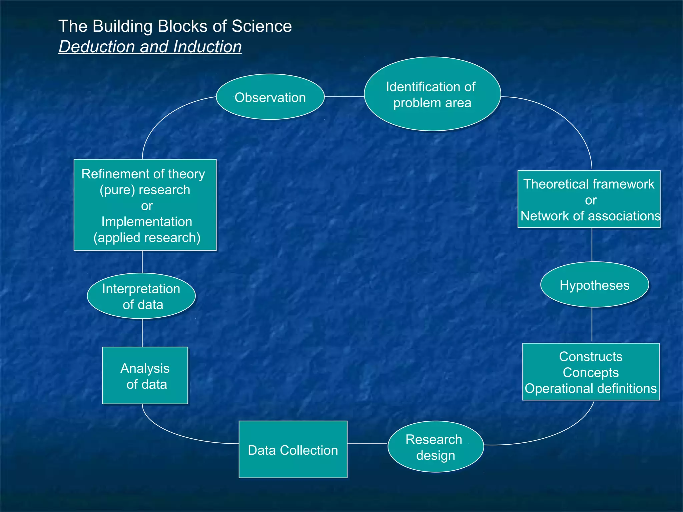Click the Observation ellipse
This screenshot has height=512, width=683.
coord(270,97)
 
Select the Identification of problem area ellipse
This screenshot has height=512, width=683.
coord(432,94)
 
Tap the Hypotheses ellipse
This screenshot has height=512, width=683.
coord(594,285)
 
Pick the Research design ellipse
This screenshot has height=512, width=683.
coord(435,447)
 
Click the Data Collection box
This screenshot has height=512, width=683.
coord(293,450)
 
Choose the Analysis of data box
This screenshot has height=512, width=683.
coord(145,376)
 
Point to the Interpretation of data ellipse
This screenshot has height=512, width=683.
coord(141,296)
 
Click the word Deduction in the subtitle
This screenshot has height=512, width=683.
coord(97,47)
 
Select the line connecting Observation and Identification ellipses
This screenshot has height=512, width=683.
coord(344,97)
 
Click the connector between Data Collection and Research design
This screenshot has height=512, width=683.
coord(367,444)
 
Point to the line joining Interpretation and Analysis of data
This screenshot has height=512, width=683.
coord(142,333)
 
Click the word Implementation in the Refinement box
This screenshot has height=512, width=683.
coord(147,222)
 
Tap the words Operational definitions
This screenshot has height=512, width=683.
coord(590,389)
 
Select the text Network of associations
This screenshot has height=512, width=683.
coord(590,216)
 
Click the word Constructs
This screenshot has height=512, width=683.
coord(591,357)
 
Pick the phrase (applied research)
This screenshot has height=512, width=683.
coord(147,238)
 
